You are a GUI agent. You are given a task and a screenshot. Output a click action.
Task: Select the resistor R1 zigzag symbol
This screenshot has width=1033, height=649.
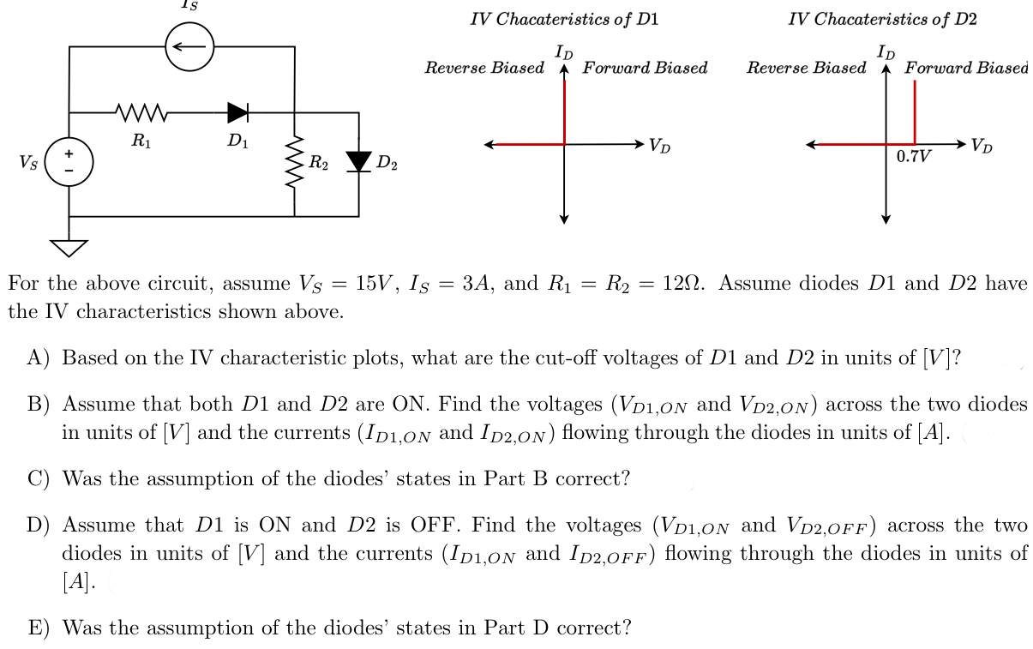(x=142, y=111)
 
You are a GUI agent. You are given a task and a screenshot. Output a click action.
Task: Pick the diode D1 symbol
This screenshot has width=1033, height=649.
(x=237, y=111)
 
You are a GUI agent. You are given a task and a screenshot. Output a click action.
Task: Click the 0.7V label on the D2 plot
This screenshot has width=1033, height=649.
(x=914, y=157)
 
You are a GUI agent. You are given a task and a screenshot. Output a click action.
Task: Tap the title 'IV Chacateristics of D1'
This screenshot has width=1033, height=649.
(x=564, y=19)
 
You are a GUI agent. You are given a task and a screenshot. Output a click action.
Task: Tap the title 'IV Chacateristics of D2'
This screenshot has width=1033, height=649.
(x=882, y=19)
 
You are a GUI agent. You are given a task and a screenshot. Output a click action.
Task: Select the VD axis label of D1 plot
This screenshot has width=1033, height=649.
(x=660, y=146)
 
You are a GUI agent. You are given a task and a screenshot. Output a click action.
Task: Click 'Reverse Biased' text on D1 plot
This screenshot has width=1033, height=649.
(x=484, y=68)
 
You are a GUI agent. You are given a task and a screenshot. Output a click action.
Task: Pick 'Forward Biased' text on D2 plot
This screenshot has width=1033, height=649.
(x=965, y=68)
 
